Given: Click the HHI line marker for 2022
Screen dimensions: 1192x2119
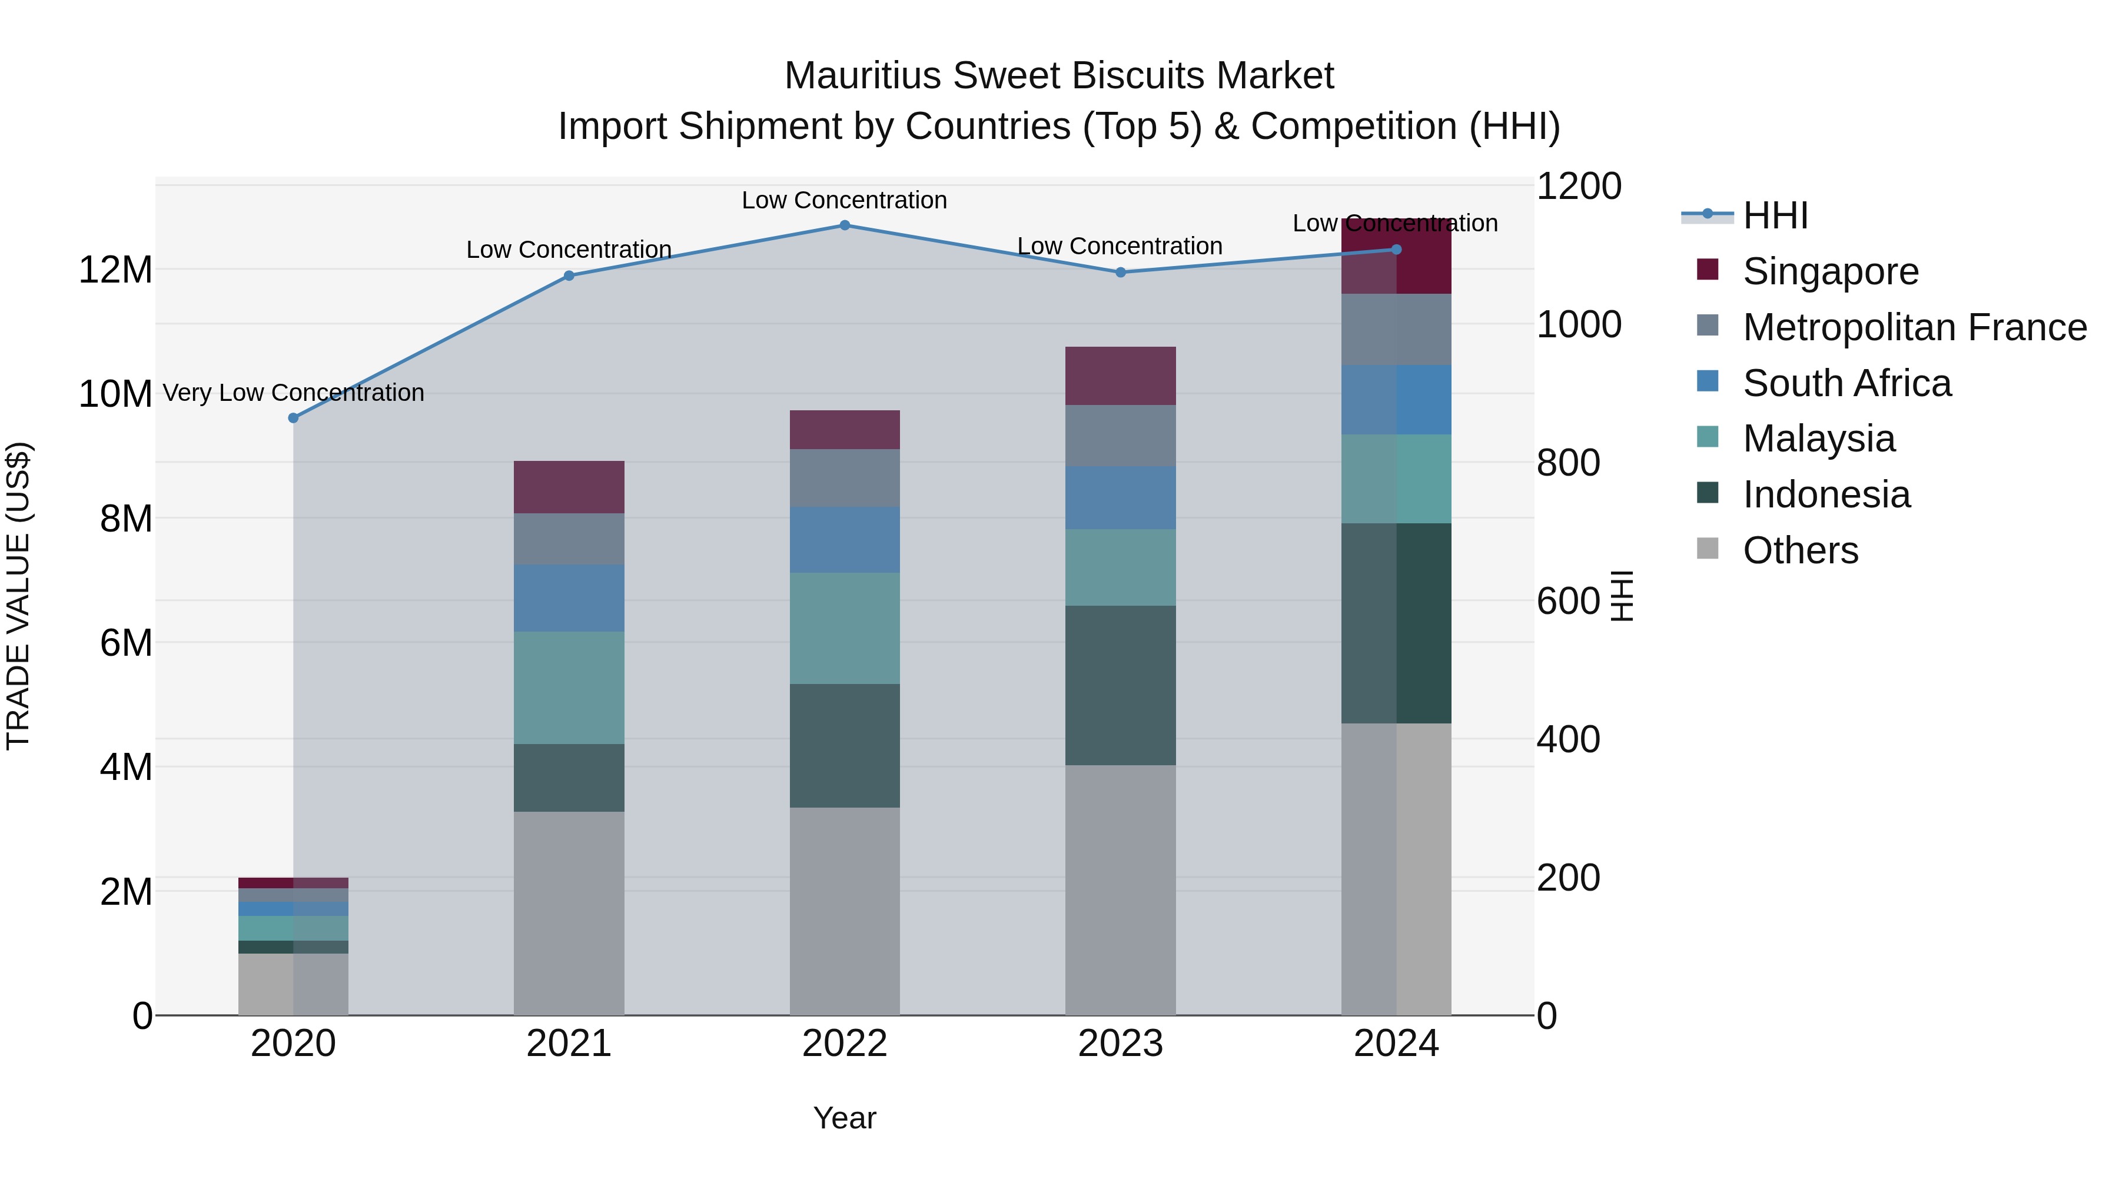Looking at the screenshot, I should (844, 225).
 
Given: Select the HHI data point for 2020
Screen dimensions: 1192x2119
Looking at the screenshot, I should (293, 418).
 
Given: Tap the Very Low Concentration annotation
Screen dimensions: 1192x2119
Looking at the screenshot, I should (293, 393).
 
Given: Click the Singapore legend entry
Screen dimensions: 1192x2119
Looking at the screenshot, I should (1829, 271).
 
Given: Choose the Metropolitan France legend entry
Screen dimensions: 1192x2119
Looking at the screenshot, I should (1914, 327).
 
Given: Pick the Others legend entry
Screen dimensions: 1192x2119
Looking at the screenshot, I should (1800, 550).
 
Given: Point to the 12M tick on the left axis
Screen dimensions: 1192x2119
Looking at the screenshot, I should (115, 270).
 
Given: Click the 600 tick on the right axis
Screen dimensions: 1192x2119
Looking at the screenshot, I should (1568, 602).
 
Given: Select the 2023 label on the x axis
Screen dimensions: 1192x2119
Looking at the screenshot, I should (1120, 1044).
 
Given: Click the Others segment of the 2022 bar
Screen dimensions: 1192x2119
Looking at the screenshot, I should (844, 911).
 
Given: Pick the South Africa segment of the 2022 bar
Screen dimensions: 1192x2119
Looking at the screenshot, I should (844, 540).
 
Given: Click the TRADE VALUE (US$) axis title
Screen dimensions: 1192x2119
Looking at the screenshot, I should (18, 596).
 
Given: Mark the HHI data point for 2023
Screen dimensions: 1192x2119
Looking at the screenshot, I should (1120, 273).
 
